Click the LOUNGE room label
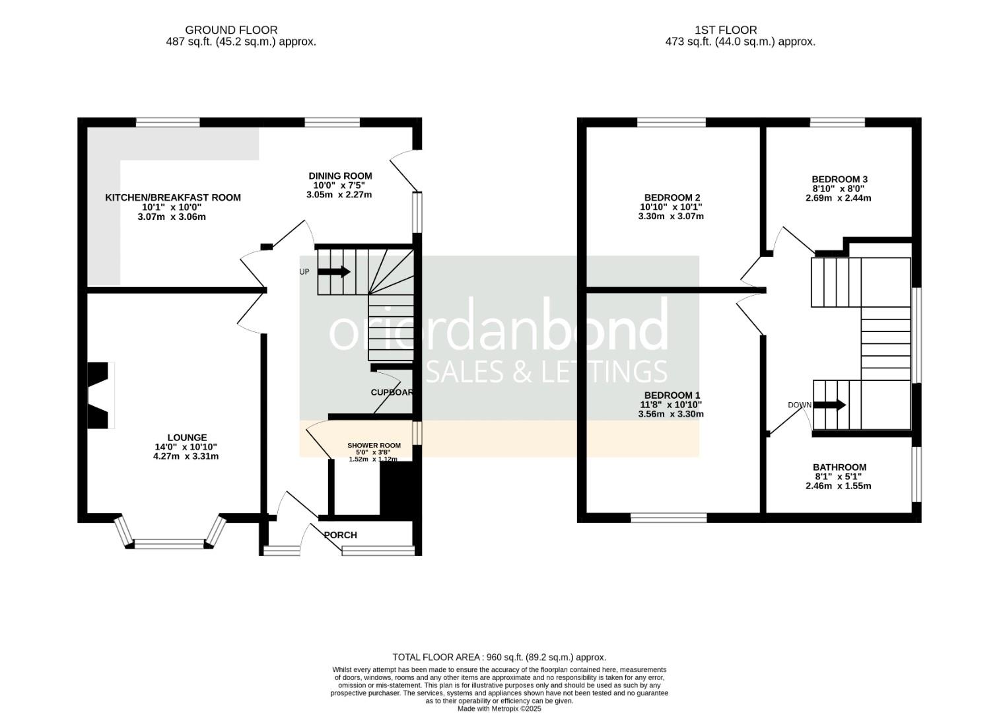(x=187, y=437)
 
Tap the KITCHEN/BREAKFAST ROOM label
(x=173, y=197)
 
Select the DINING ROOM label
(x=340, y=176)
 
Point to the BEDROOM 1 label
(x=671, y=395)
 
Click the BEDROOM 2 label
(x=671, y=197)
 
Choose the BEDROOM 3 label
(x=839, y=179)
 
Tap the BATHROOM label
(x=839, y=467)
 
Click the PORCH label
(x=341, y=535)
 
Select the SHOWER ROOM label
(x=374, y=446)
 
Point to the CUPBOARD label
(x=392, y=392)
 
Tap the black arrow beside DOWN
(x=829, y=405)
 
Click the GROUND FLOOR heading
(x=231, y=30)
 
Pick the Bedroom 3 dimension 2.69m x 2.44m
(x=838, y=198)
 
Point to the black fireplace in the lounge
(x=98, y=395)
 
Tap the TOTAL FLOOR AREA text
(x=499, y=658)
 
